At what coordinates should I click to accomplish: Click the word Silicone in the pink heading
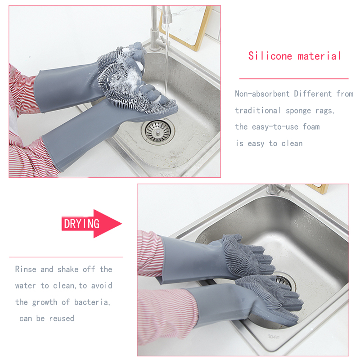click(x=270, y=56)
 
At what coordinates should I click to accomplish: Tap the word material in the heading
click(x=319, y=56)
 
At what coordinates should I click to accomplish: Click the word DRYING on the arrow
click(x=81, y=224)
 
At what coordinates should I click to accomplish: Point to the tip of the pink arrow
click(x=121, y=223)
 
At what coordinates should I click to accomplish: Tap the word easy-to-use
click(x=275, y=127)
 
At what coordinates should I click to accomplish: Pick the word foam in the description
click(x=311, y=126)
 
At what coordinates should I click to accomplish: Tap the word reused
click(x=62, y=319)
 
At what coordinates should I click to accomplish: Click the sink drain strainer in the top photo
click(x=158, y=131)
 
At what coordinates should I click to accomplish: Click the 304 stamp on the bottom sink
click(x=274, y=337)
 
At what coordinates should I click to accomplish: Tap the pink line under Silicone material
click(x=294, y=79)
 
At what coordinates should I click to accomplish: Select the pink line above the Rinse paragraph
click(x=66, y=257)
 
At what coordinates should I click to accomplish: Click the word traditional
click(x=257, y=110)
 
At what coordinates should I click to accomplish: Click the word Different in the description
click(x=313, y=94)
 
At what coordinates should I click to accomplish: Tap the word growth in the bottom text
click(x=45, y=302)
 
